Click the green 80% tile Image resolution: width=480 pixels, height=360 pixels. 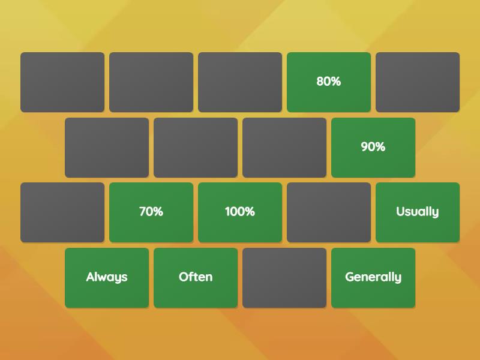(x=329, y=82)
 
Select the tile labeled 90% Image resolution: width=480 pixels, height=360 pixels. (x=373, y=148)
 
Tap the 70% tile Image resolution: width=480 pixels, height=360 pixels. (x=151, y=212)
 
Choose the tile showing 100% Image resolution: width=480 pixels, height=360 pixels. (x=240, y=212)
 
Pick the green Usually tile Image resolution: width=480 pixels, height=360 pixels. (x=418, y=212)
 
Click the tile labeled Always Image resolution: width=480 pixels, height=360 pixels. (x=107, y=278)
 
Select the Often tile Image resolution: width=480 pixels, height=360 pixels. (x=196, y=278)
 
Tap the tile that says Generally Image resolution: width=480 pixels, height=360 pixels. (x=373, y=278)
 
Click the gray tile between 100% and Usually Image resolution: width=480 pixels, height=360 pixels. (x=329, y=212)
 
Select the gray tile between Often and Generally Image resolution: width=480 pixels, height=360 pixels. (x=284, y=278)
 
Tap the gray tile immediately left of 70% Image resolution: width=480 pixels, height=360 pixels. (x=62, y=212)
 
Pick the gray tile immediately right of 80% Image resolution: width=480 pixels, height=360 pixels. (x=418, y=82)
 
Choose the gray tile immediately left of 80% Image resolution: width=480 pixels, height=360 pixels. (x=240, y=82)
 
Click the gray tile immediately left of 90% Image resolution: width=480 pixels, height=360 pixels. (x=284, y=148)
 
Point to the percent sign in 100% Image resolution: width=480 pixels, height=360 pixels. (x=250, y=212)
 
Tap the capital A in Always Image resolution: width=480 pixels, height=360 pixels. (x=91, y=277)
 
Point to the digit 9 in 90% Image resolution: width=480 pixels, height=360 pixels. (x=365, y=146)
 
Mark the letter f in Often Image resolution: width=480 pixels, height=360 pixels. (x=190, y=277)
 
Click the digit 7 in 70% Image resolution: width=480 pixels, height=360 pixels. (x=143, y=212)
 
